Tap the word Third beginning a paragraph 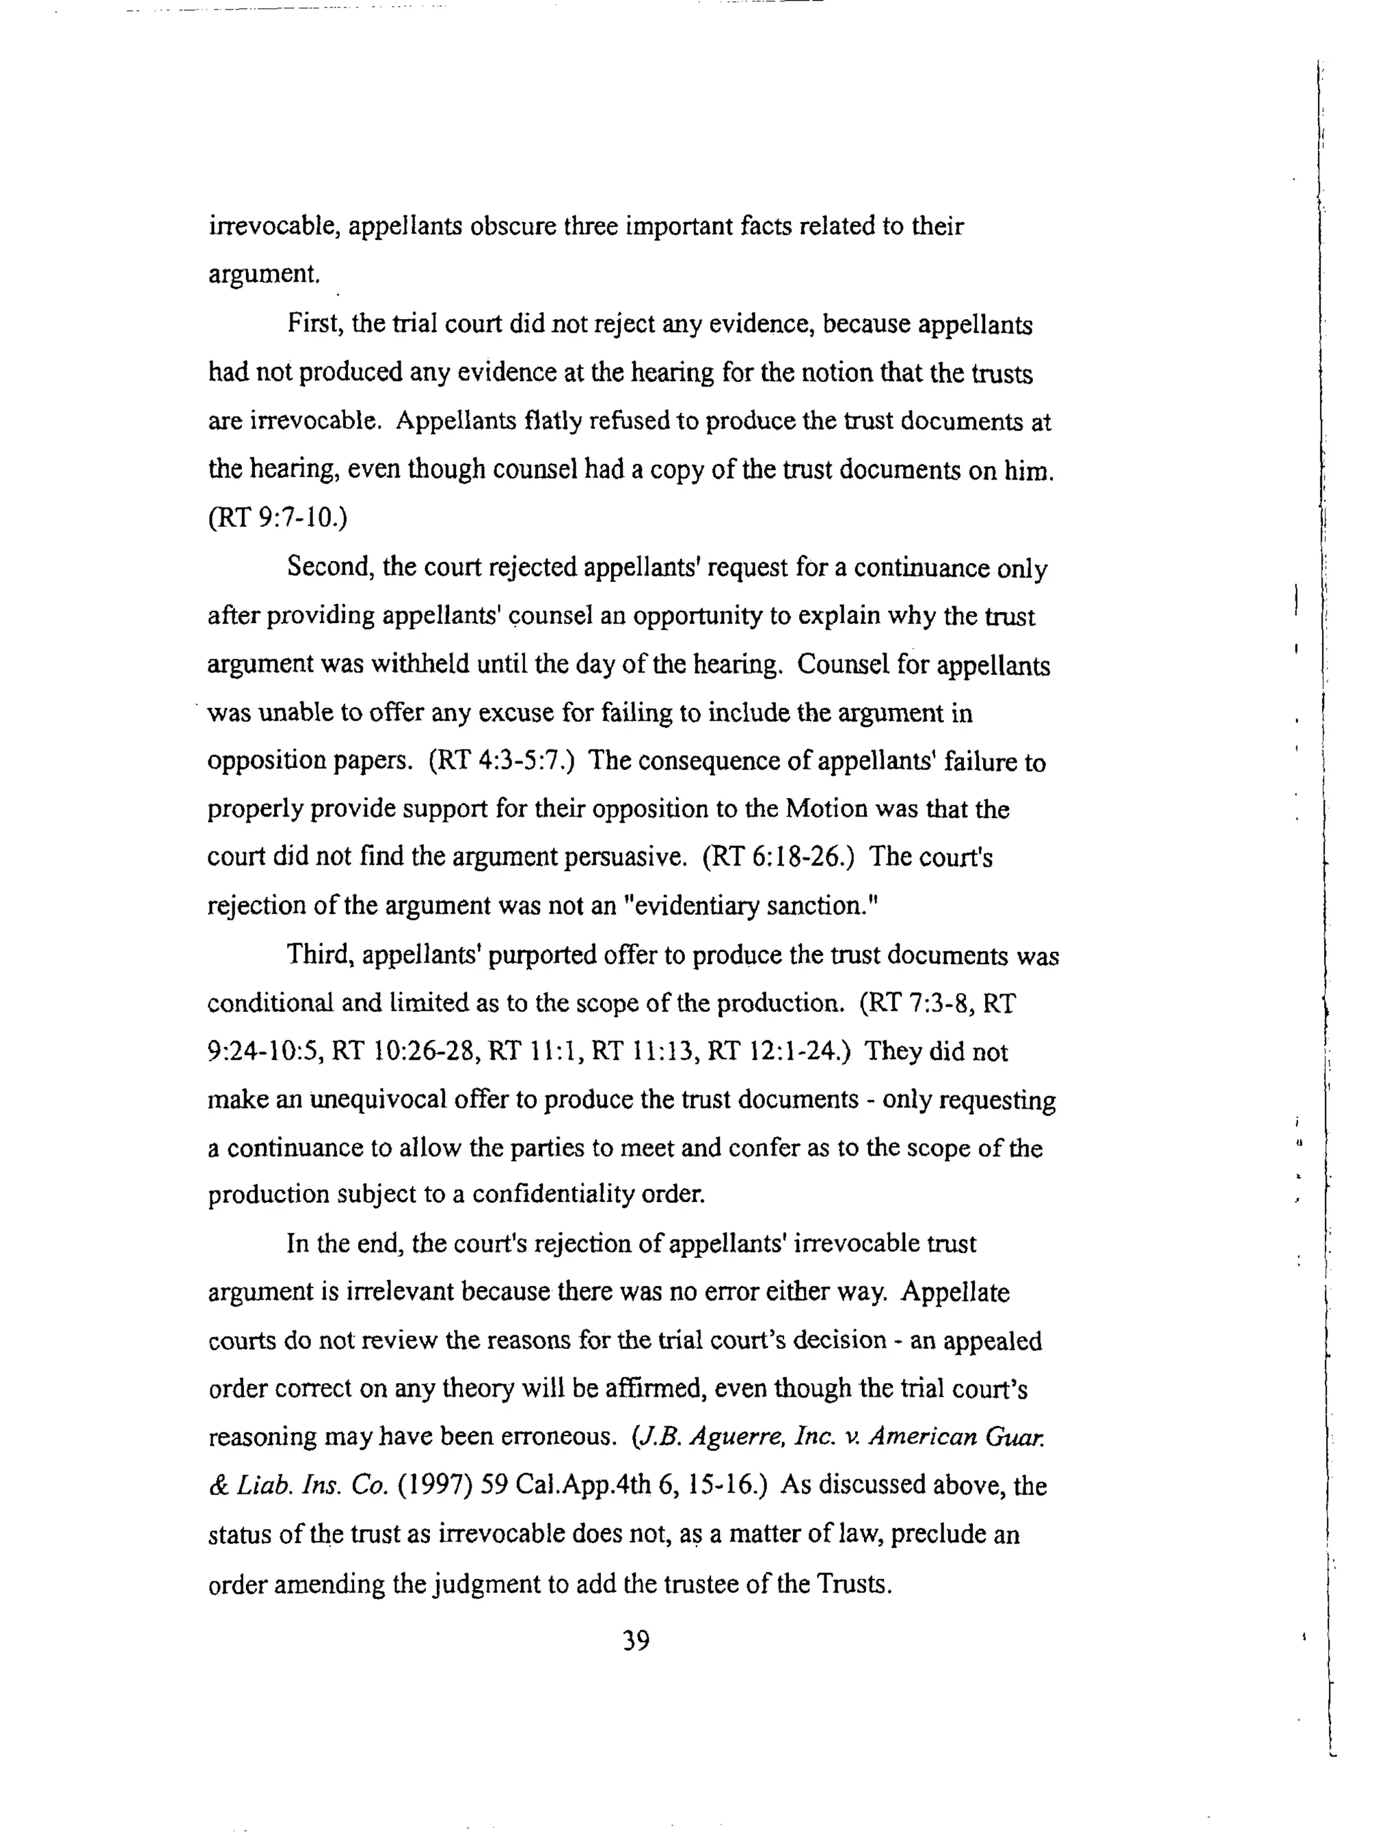(317, 954)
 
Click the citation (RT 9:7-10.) (278, 517)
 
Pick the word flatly (552, 421)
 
